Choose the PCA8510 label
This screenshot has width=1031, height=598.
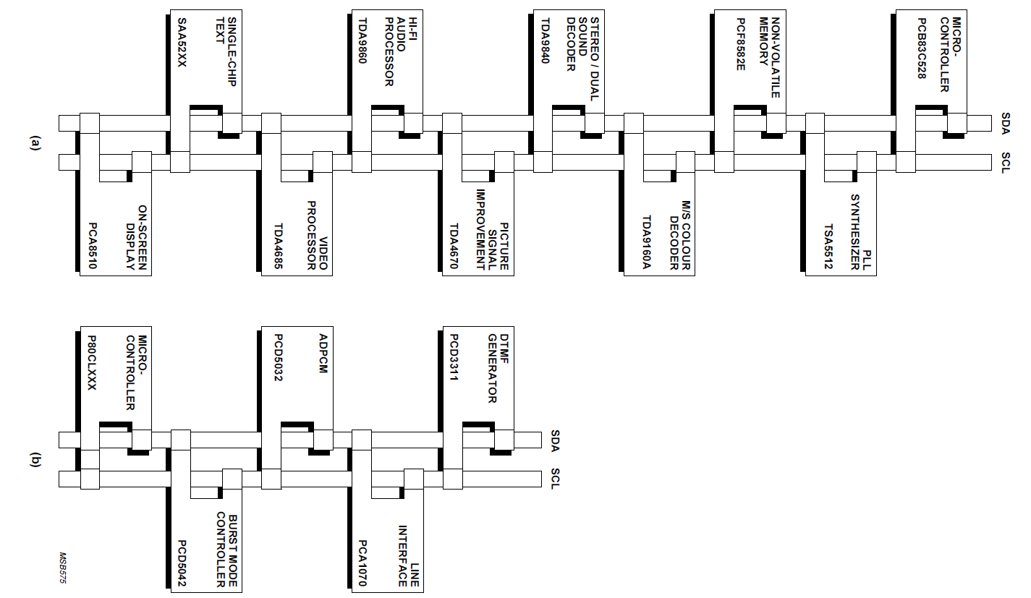pyautogui.click(x=92, y=244)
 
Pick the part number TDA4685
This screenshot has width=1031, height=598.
pyautogui.click(x=273, y=244)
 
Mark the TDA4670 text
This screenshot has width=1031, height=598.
pyautogui.click(x=454, y=244)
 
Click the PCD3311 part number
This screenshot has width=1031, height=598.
pyautogui.click(x=454, y=359)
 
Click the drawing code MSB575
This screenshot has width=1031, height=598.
pyautogui.click(x=62, y=568)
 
